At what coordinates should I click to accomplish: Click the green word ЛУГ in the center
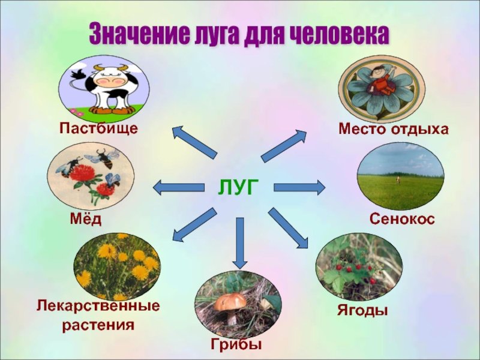tap(238, 187)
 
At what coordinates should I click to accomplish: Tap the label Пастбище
tap(98, 128)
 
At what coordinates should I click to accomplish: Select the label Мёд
tap(86, 218)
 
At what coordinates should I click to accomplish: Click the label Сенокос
tap(402, 218)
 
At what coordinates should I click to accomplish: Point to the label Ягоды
tap(363, 310)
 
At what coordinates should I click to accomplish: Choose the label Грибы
tap(236, 344)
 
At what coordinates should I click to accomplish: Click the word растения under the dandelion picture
tap(98, 325)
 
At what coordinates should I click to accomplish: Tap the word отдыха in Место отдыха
tap(419, 129)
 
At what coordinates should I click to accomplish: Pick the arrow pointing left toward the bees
tap(178, 187)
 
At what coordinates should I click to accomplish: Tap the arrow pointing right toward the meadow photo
tap(299, 187)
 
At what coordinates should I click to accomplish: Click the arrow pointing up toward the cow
tap(194, 142)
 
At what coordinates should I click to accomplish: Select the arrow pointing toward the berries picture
tap(288, 228)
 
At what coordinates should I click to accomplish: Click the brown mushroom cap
tap(230, 302)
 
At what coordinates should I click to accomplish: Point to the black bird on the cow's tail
tap(78, 74)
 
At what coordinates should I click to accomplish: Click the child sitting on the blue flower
tap(380, 81)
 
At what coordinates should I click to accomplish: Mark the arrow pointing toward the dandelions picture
tap(194, 224)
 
